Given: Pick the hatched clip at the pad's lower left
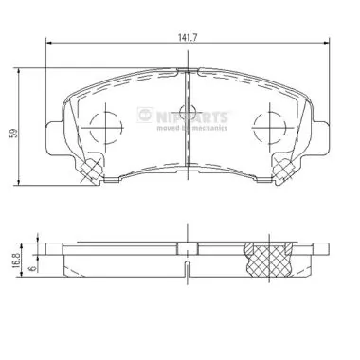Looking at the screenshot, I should pos(90,170).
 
